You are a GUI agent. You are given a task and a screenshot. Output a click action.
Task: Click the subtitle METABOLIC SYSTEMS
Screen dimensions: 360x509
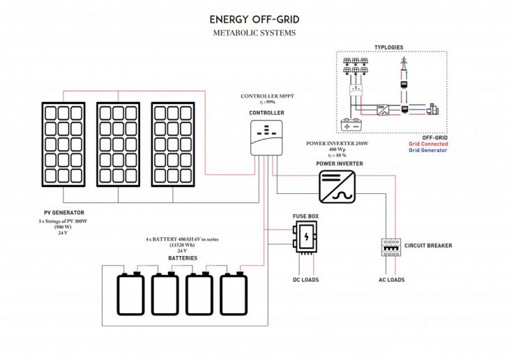coord(254,33)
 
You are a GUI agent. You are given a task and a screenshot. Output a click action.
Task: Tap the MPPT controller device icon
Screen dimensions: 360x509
coord(266,136)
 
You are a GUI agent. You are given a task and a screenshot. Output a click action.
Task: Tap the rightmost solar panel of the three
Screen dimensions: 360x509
coord(173,144)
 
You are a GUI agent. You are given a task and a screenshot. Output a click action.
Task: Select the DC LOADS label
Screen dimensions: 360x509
coord(305,280)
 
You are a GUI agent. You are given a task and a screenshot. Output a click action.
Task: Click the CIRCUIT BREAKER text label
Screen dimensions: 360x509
coord(428,246)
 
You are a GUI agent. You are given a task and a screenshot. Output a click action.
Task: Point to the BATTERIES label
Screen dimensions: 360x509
coord(182,258)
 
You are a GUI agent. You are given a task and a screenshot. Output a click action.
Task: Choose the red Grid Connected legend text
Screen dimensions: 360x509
coord(428,144)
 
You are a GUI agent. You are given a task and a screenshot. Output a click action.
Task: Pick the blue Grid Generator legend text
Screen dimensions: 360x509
coord(428,150)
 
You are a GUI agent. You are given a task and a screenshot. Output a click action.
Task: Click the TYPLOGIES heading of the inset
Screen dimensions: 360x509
coord(388,47)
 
